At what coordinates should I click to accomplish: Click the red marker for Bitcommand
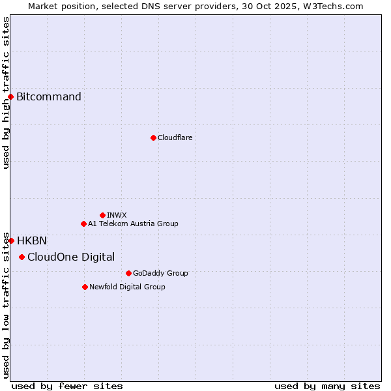point(10,97)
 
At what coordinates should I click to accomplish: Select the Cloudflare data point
point(153,138)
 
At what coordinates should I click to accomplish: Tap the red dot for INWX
point(102,215)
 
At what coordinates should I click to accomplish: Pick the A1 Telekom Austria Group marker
point(83,224)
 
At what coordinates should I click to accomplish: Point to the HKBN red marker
point(11,240)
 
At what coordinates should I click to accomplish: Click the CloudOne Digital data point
point(22,257)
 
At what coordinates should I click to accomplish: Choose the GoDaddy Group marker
point(128,273)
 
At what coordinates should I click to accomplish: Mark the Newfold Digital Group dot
point(85,287)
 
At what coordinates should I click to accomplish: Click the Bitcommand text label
point(49,97)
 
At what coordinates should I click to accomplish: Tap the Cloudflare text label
point(175,138)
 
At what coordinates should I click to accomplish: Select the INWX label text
point(117,215)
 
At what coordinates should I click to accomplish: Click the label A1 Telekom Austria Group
point(133,224)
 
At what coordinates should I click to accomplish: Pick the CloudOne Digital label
point(71,257)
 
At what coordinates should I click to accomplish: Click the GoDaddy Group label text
point(160,273)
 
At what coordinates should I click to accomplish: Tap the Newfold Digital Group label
point(127,287)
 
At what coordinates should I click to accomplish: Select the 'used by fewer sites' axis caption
point(67,386)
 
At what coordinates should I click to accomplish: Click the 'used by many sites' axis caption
point(327,386)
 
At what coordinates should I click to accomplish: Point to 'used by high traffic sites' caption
point(6,93)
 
